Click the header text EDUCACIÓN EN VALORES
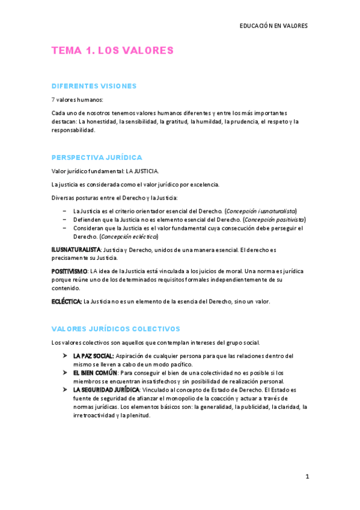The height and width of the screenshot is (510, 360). tap(273, 26)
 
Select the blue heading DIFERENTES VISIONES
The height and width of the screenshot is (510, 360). tap(94, 86)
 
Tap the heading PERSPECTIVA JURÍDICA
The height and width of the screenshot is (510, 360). tap(97, 158)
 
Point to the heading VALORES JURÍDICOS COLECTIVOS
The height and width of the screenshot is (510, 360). tap(115, 329)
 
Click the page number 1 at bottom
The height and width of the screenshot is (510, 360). tap(307, 476)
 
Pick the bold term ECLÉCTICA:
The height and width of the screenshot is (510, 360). tap(67, 301)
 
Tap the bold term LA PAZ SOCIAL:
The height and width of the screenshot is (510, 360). tap(93, 356)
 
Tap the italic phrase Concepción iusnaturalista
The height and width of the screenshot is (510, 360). tap(260, 211)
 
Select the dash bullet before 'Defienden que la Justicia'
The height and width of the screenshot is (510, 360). tap(64, 220)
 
